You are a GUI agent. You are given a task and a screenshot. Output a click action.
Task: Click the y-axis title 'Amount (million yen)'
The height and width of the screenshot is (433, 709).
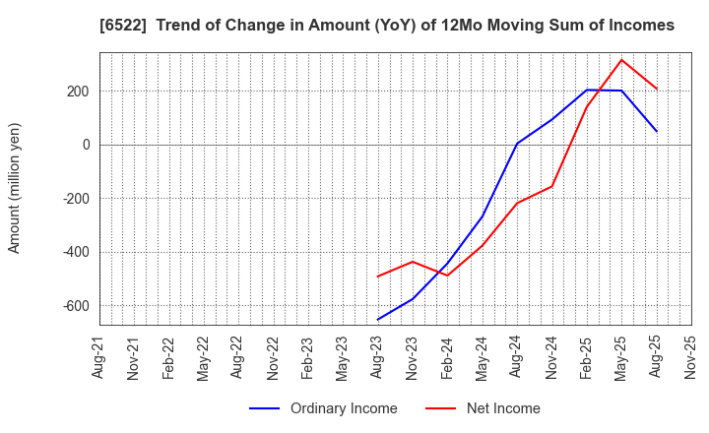tap(15, 188)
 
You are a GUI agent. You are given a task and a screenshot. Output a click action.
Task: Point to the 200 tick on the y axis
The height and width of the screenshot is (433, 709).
tap(78, 92)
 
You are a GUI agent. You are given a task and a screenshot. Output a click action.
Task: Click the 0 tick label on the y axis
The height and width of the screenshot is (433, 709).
tap(86, 145)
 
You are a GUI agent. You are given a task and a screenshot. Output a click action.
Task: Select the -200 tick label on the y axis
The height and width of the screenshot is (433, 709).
tap(75, 199)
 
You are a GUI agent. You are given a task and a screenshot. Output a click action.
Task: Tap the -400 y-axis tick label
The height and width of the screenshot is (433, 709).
tap(75, 252)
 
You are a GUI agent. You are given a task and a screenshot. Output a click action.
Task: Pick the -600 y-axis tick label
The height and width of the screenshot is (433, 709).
tap(75, 306)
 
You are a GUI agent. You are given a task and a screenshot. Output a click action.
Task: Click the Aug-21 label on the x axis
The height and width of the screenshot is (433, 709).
tap(99, 357)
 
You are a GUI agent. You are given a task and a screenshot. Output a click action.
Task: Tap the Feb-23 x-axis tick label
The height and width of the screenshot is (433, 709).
tap(308, 357)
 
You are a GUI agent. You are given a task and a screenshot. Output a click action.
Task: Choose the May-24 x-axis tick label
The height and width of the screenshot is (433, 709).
tap(482, 357)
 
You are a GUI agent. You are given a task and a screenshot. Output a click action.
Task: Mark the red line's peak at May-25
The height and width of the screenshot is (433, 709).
tap(621, 60)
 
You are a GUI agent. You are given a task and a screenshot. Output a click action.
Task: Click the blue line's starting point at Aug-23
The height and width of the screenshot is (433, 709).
tap(377, 320)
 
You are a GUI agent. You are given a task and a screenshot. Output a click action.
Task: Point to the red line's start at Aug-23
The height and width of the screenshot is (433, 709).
tap(377, 277)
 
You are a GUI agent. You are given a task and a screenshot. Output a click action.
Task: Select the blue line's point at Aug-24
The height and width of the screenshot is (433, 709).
tap(517, 144)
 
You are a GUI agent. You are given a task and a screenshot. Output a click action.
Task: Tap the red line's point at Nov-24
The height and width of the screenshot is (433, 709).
tap(551, 186)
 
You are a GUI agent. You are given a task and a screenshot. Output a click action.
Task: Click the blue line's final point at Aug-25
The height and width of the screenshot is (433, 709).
tap(656, 131)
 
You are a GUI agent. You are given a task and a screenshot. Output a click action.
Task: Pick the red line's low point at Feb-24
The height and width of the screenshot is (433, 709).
tap(447, 276)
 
